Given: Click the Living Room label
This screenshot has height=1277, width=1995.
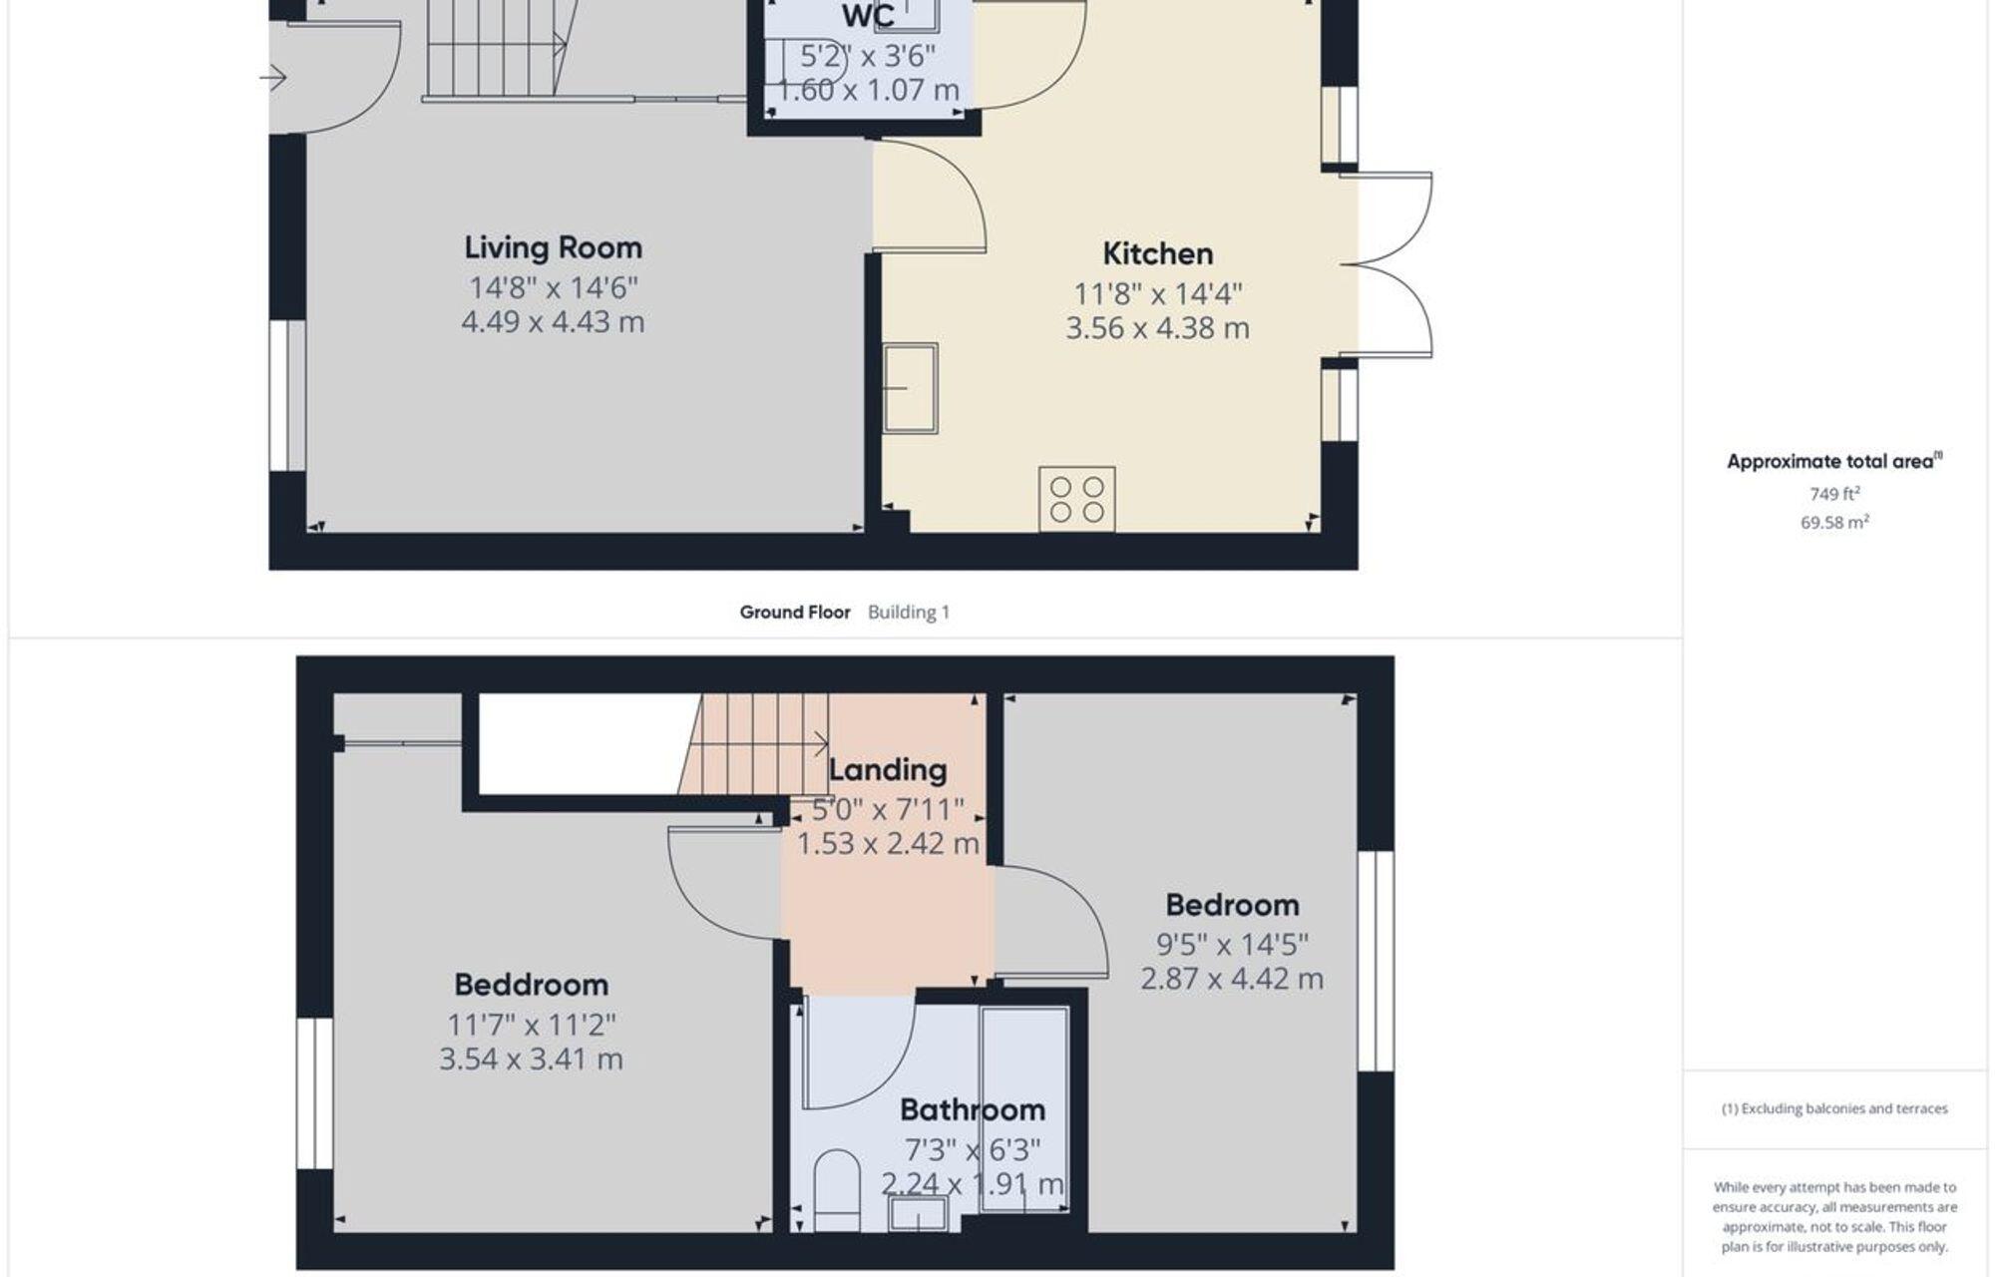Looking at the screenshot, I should click(x=553, y=247).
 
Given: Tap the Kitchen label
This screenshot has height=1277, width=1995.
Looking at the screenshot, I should click(x=1157, y=253).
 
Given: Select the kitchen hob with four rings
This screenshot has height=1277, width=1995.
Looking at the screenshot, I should click(x=1076, y=499).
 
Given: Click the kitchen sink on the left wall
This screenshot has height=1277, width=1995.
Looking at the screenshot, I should click(x=910, y=388).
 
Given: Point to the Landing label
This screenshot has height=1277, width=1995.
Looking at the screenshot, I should click(x=887, y=770).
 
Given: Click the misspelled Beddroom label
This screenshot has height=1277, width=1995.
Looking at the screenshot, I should click(x=531, y=985).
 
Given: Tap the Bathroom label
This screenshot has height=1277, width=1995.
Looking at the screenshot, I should click(x=972, y=1109).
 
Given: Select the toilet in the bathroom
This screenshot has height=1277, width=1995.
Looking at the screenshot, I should click(x=836, y=1190).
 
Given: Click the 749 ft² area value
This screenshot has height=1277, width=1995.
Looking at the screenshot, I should click(x=1833, y=494).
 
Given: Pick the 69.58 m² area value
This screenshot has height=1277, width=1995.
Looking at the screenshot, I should click(x=1833, y=522).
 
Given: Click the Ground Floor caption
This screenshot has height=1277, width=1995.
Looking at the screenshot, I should click(x=794, y=613).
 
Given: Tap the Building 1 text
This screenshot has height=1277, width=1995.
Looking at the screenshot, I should click(x=908, y=613).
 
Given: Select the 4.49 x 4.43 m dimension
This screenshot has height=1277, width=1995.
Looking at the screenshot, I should click(x=553, y=322).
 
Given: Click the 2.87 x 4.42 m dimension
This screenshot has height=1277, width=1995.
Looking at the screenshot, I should click(x=1231, y=979).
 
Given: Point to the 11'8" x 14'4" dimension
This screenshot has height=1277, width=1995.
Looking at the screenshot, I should click(x=1157, y=294).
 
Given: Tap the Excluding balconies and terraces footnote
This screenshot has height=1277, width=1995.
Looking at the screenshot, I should click(x=1833, y=1108).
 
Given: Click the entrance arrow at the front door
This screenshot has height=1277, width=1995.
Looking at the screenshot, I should click(x=275, y=77).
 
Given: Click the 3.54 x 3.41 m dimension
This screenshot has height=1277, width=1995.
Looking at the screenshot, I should click(x=531, y=1059).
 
